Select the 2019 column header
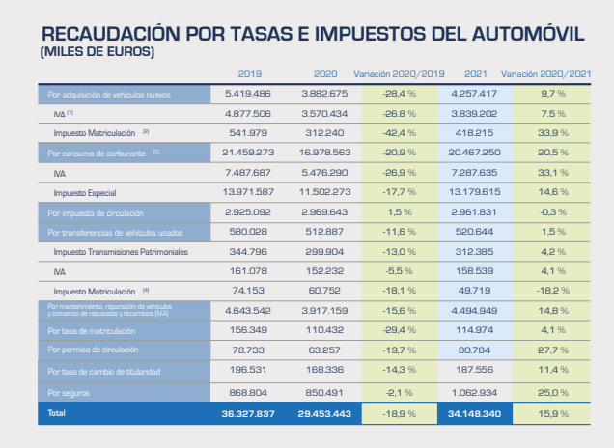click(249, 74)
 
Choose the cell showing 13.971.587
click(249, 193)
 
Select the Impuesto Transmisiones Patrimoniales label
click(122, 251)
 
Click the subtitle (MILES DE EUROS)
click(97, 50)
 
